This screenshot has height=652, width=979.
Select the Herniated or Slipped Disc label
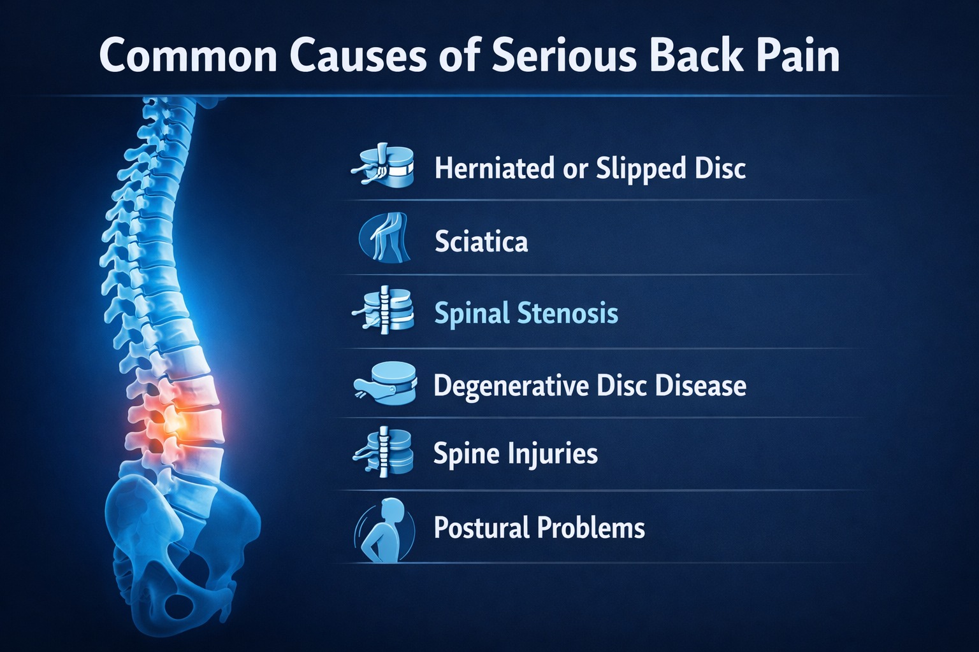coord(590,169)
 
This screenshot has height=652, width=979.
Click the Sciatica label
coord(481,242)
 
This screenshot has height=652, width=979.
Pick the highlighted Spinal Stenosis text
coord(526,314)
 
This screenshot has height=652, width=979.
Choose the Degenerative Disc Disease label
coord(590,386)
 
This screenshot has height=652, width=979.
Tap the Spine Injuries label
coord(516,454)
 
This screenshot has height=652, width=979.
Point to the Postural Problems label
coord(539,528)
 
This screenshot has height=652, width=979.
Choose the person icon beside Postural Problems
coord(384,530)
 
